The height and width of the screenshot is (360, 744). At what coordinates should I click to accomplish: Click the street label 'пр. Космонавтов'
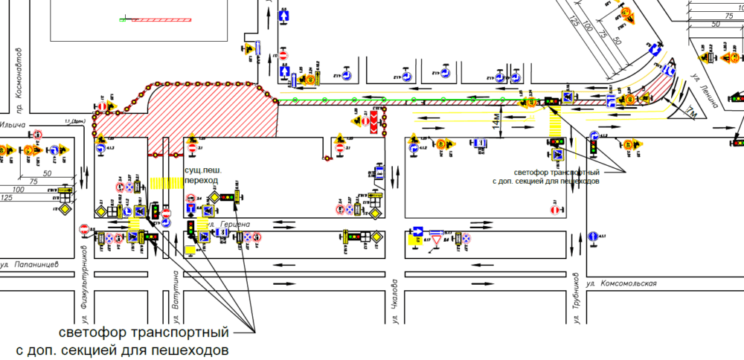19,75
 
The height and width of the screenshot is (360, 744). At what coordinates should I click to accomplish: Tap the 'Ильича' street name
13,124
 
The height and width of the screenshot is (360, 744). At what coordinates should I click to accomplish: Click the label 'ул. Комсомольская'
622,283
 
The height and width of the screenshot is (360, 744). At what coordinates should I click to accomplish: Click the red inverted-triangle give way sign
436,241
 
